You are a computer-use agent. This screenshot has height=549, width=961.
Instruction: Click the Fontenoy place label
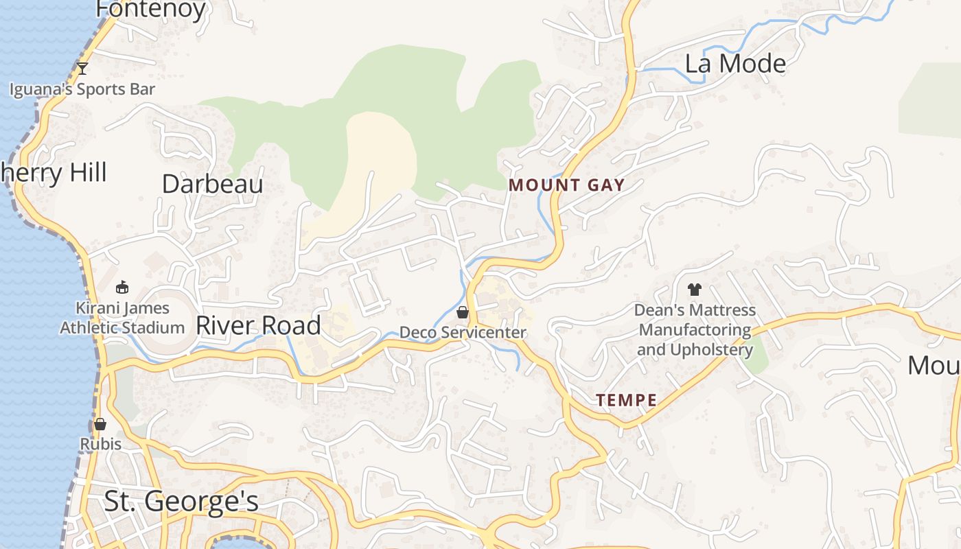pyautogui.click(x=151, y=9)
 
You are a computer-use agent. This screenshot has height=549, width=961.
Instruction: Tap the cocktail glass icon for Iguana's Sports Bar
pyautogui.click(x=82, y=68)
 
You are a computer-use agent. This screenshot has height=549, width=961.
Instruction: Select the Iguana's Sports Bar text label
pyautogui.click(x=82, y=89)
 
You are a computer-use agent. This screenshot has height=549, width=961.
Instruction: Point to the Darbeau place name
pyautogui.click(x=212, y=184)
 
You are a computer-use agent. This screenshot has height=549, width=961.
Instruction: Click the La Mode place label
pyautogui.click(x=735, y=64)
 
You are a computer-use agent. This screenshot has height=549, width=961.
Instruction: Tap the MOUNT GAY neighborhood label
pyautogui.click(x=566, y=185)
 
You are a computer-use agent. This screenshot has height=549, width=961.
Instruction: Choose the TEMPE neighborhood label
pyautogui.click(x=626, y=400)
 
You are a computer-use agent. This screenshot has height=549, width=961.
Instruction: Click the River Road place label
pyautogui.click(x=258, y=325)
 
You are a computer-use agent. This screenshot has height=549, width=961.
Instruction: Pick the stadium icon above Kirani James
pyautogui.click(x=122, y=287)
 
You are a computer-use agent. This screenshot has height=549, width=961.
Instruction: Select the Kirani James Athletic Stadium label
pyautogui.click(x=122, y=318)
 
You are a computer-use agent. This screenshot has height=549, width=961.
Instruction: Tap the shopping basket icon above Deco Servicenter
pyautogui.click(x=463, y=313)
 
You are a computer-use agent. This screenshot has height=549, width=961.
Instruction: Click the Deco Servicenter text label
pyautogui.click(x=463, y=333)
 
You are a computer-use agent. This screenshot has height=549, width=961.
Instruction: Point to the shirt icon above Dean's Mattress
pyautogui.click(x=694, y=290)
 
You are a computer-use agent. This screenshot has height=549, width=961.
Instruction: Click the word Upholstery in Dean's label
pyautogui.click(x=711, y=349)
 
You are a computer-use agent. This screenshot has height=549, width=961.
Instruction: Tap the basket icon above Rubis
pyautogui.click(x=100, y=424)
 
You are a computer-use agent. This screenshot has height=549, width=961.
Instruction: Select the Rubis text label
pyautogui.click(x=101, y=444)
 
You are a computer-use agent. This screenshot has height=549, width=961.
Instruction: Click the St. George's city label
pyautogui.click(x=181, y=502)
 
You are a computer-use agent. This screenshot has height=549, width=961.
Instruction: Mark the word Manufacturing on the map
pyautogui.click(x=695, y=330)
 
